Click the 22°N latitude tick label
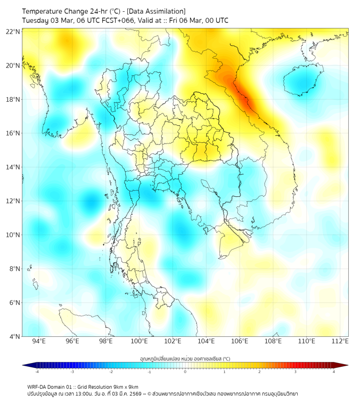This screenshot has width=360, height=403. pyautogui.click(x=13, y=32)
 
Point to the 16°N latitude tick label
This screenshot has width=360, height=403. pyautogui.click(x=13, y=133)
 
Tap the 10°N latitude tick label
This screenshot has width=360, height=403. pyautogui.click(x=13, y=235)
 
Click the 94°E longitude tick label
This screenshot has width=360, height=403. pyautogui.click(x=39, y=341)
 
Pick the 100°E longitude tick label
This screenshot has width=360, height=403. pyautogui.click(x=139, y=341)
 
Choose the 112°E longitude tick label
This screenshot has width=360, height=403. pyautogui.click(x=340, y=341)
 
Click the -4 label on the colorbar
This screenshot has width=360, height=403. pyautogui.click(x=37, y=372)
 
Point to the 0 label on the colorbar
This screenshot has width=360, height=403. pyautogui.click(x=185, y=372)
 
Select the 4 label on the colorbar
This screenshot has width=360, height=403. pyautogui.click(x=333, y=372)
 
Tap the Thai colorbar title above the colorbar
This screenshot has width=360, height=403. pyautogui.click(x=185, y=358)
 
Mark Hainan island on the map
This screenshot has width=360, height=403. pyautogui.click(x=302, y=81)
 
